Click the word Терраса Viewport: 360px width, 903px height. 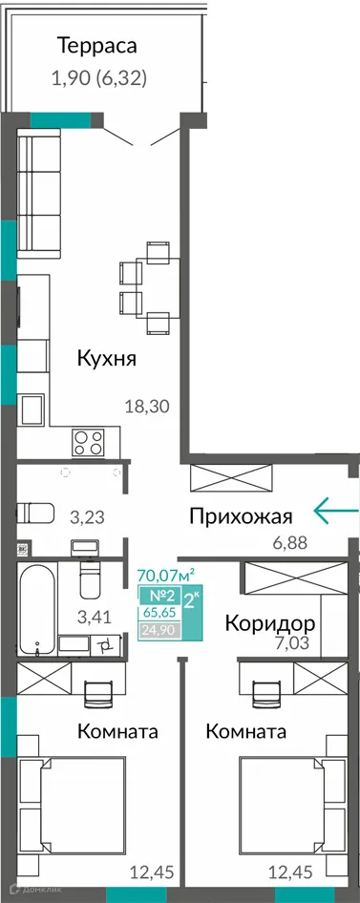(96, 45)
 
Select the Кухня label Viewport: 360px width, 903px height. (107, 360)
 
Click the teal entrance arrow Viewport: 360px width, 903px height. (335, 513)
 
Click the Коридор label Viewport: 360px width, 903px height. (270, 623)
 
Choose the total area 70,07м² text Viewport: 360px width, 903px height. (166, 575)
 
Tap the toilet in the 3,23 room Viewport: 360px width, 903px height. (37, 513)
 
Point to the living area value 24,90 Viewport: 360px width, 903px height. (157, 630)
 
